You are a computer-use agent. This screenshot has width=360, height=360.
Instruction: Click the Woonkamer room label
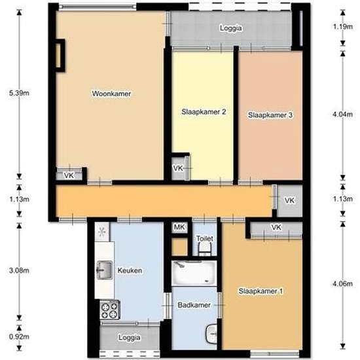[111, 94]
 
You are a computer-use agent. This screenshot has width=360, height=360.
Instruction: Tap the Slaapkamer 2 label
[204, 112]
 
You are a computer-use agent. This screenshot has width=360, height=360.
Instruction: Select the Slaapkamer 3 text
[270, 115]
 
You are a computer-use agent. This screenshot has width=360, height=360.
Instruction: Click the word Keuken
[130, 270]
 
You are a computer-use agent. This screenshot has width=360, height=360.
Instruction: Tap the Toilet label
[205, 240]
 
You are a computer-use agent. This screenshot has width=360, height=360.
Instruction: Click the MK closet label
[179, 227]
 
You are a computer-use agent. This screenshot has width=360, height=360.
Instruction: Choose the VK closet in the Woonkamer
[69, 175]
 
